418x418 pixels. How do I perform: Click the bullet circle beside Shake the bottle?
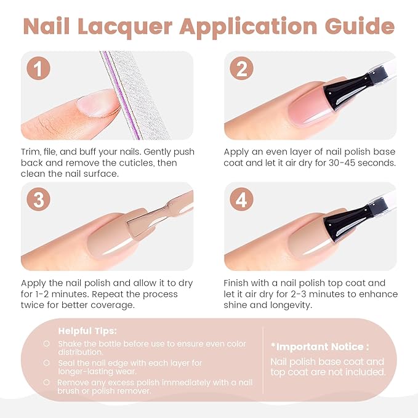pyautogui.click(x=47, y=344)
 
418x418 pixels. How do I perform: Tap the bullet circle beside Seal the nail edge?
pyautogui.click(x=47, y=363)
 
